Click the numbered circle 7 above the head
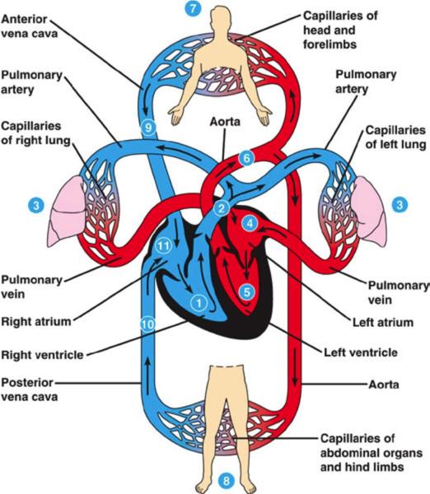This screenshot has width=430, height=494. [192, 8]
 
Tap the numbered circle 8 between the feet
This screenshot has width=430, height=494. [226, 481]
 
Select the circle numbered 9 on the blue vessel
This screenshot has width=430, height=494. [148, 128]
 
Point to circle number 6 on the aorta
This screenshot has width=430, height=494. [246, 158]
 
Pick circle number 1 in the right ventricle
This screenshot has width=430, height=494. [199, 303]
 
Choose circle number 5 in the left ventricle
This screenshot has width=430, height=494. [247, 292]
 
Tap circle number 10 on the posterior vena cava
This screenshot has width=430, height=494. [147, 324]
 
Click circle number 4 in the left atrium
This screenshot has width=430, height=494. [250, 223]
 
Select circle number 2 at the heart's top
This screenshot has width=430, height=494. [222, 208]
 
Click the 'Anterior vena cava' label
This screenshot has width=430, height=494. [30, 26]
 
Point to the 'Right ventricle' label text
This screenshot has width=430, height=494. [42, 355]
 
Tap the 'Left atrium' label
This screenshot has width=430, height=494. [383, 323]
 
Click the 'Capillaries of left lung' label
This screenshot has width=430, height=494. [395, 137]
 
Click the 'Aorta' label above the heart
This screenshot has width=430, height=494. [225, 122]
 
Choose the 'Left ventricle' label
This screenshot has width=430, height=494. [361, 352]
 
